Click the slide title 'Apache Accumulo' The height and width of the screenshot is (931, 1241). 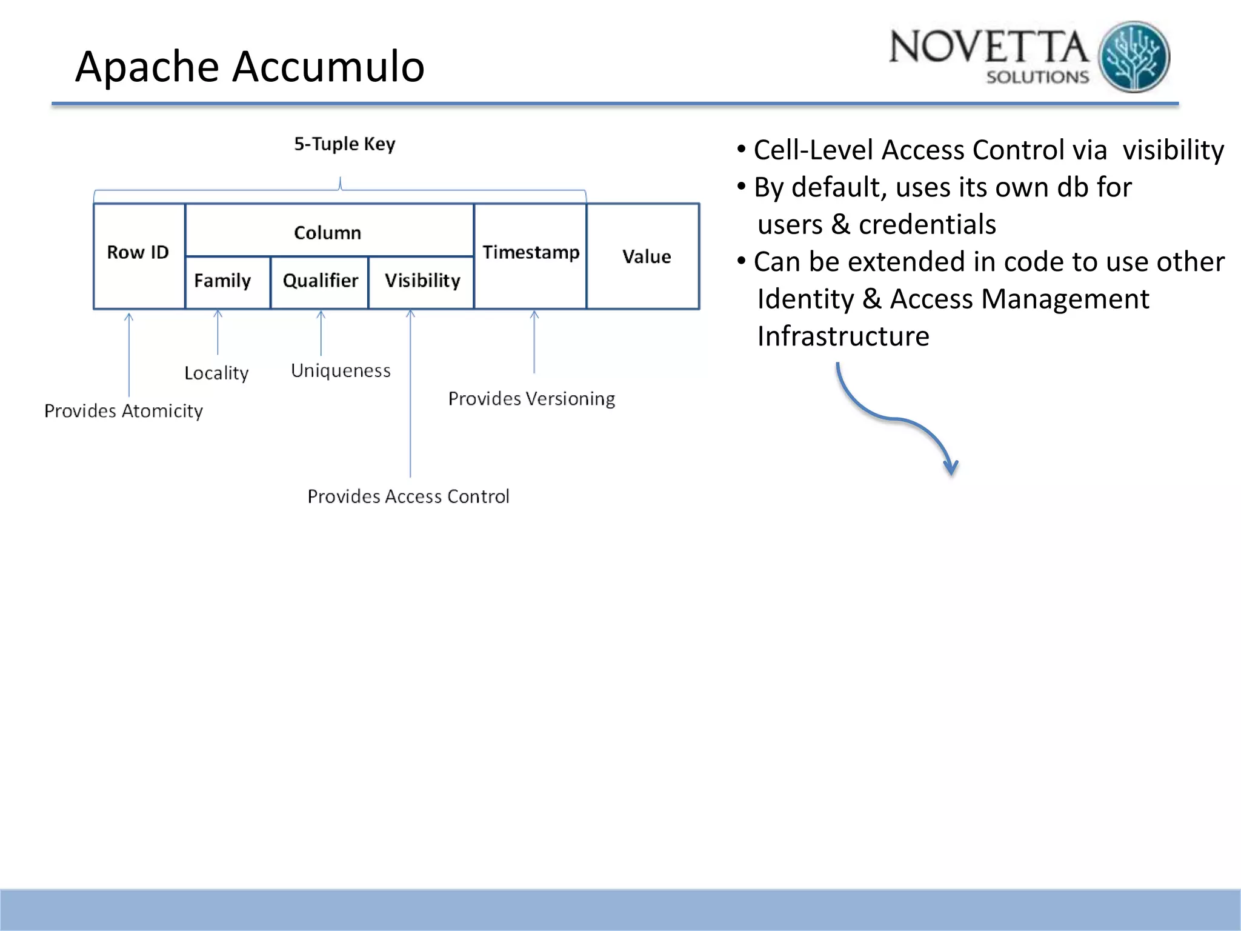coord(250,66)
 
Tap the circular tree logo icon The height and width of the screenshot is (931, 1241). coord(1134,57)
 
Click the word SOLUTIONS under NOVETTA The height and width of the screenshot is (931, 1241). coord(1037,78)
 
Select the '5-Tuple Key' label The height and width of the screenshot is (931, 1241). coord(344,144)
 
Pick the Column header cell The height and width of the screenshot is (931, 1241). coord(328,232)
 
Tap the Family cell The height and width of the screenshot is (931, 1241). coord(223,281)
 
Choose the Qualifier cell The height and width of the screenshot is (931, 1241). coord(320,281)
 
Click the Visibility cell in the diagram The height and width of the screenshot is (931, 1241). coord(422,281)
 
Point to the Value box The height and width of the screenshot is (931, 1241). coord(646,256)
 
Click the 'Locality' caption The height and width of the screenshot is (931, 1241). coord(216,373)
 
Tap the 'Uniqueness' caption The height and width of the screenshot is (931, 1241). coord(341,370)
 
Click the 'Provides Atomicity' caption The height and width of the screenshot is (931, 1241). coord(124,411)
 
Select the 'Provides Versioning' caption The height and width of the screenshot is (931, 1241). coord(531,399)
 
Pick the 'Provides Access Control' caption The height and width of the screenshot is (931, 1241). coord(408,496)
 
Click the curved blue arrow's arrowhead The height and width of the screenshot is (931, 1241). coord(951,469)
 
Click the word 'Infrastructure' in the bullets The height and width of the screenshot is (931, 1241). coord(843,336)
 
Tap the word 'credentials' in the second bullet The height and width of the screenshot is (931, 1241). coord(927,225)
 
